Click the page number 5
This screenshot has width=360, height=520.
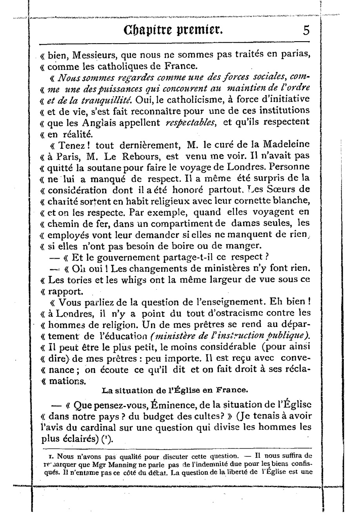tap(306, 30)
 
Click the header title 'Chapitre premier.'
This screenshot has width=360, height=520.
tap(173, 29)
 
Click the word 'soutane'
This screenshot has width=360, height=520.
tap(104, 167)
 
